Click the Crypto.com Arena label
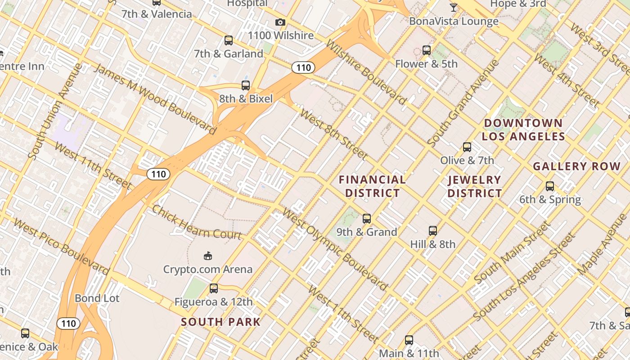pyautogui.click(x=207, y=270)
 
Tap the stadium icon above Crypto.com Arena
pyautogui.click(x=207, y=256)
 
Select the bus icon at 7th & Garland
pyautogui.click(x=229, y=40)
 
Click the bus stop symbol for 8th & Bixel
pyautogui.click(x=246, y=85)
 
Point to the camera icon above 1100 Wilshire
pyautogui.click(x=280, y=22)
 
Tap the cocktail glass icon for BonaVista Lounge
pyautogui.click(x=454, y=8)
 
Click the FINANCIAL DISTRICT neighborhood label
pyautogui.click(x=372, y=186)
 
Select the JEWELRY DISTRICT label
pyautogui.click(x=475, y=187)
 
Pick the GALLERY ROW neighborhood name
pyautogui.click(x=576, y=166)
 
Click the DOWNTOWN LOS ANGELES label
pyautogui.click(x=523, y=130)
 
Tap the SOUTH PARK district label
pyautogui.click(x=220, y=322)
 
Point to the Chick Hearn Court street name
pyautogui.click(x=197, y=223)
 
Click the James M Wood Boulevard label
pyautogui.click(x=154, y=99)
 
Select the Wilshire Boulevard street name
pyautogui.click(x=365, y=72)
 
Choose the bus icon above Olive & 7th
pyautogui.click(x=467, y=147)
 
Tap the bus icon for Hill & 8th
pyautogui.click(x=433, y=231)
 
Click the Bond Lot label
pyautogui.click(x=97, y=298)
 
